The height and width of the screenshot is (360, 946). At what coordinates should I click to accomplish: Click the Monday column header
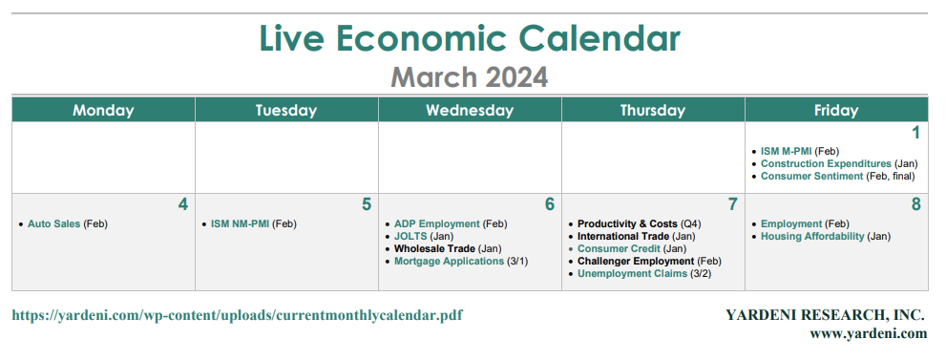pos(103,111)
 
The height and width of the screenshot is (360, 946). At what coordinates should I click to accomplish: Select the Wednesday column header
pos(470,111)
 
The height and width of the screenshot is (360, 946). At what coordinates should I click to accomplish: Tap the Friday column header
pos(835,111)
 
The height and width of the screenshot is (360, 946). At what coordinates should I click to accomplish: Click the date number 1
pos(915,133)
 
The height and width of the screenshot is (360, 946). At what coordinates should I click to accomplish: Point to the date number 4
pos(183,204)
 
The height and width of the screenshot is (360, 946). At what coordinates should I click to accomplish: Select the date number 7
pos(732,204)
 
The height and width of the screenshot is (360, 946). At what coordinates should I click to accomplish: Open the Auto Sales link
pos(53,224)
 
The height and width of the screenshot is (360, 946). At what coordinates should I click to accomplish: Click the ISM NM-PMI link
pos(240,224)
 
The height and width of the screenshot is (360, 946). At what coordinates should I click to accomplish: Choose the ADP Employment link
pos(437,224)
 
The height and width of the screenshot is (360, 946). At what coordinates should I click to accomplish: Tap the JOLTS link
pos(410,237)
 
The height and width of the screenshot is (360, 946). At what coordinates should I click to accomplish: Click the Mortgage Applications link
pos(449,261)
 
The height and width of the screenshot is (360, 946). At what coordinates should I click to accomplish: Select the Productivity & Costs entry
pos(627,224)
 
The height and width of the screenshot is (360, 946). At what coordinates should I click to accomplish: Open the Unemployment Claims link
pos(632,274)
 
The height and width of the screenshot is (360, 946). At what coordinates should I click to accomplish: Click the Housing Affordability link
pos(812,237)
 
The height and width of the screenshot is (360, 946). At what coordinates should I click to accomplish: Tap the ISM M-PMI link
pos(787,152)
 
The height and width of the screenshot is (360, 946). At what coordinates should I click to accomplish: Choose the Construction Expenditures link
pos(826,163)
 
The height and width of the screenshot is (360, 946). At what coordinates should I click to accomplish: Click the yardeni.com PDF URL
pos(237,315)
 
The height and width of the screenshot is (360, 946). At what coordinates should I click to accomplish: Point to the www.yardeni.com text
pos(868,333)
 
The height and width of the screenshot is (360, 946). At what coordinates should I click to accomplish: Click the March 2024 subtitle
pos(470,77)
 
